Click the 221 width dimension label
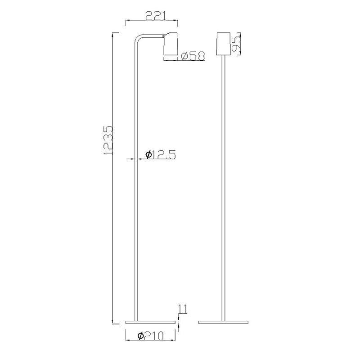156,16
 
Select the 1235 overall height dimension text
108,140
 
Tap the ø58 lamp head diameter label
193,56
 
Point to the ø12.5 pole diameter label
161,154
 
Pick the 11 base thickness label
183,309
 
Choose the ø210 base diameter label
151,336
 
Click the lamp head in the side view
171,44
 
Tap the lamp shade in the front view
223,44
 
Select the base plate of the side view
150,322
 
